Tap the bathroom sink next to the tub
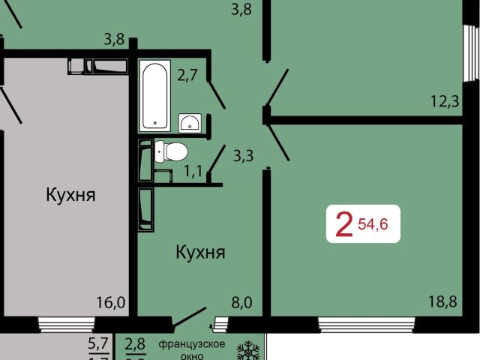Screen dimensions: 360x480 coord(191,122)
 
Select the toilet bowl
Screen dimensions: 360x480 coord(172,151)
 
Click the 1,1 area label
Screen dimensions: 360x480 coord(193,170)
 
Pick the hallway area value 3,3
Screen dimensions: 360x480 coord(243,156)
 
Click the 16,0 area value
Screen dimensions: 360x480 coord(110,302)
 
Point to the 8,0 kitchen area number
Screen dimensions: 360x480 coord(241,302)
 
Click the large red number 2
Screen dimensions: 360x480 coord(344,224)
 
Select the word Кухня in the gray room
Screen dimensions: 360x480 coord(70,196)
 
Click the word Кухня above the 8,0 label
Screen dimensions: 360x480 coord(200,252)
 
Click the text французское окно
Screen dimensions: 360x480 coord(192,350)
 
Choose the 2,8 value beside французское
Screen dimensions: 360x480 coord(136,345)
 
